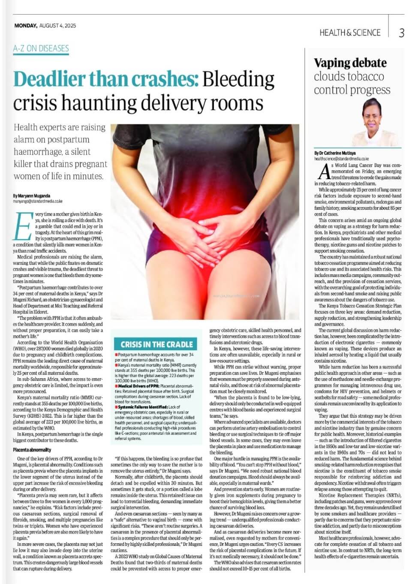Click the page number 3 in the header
[x=401, y=33]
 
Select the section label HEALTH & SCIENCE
[x=350, y=33]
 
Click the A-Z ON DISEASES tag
[x=41, y=48]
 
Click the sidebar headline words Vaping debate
[x=350, y=63]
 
